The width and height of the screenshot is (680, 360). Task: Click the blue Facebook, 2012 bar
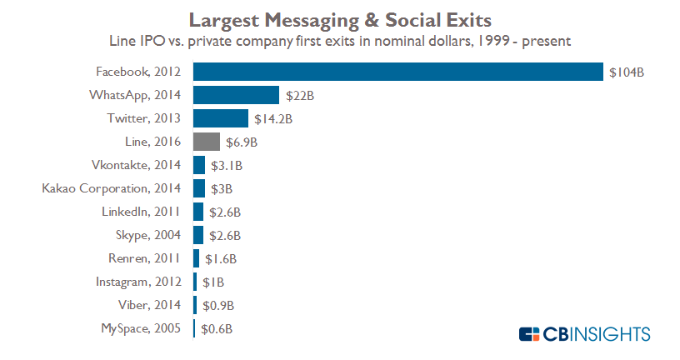pyautogui.click(x=397, y=72)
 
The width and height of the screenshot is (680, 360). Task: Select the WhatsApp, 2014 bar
pyautogui.click(x=236, y=95)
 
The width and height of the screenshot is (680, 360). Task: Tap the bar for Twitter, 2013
pyautogui.click(x=220, y=118)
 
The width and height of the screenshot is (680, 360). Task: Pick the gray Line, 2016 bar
pyautogui.click(x=207, y=142)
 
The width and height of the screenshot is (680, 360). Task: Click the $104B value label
pyautogui.click(x=627, y=72)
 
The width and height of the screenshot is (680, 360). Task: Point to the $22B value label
pyautogui.click(x=299, y=96)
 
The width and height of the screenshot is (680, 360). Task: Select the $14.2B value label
pyautogui.click(x=273, y=119)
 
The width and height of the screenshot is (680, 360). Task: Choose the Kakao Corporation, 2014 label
pyautogui.click(x=112, y=188)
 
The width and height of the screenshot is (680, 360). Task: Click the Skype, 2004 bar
pyautogui.click(x=198, y=235)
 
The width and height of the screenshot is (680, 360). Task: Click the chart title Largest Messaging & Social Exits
pyautogui.click(x=340, y=18)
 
